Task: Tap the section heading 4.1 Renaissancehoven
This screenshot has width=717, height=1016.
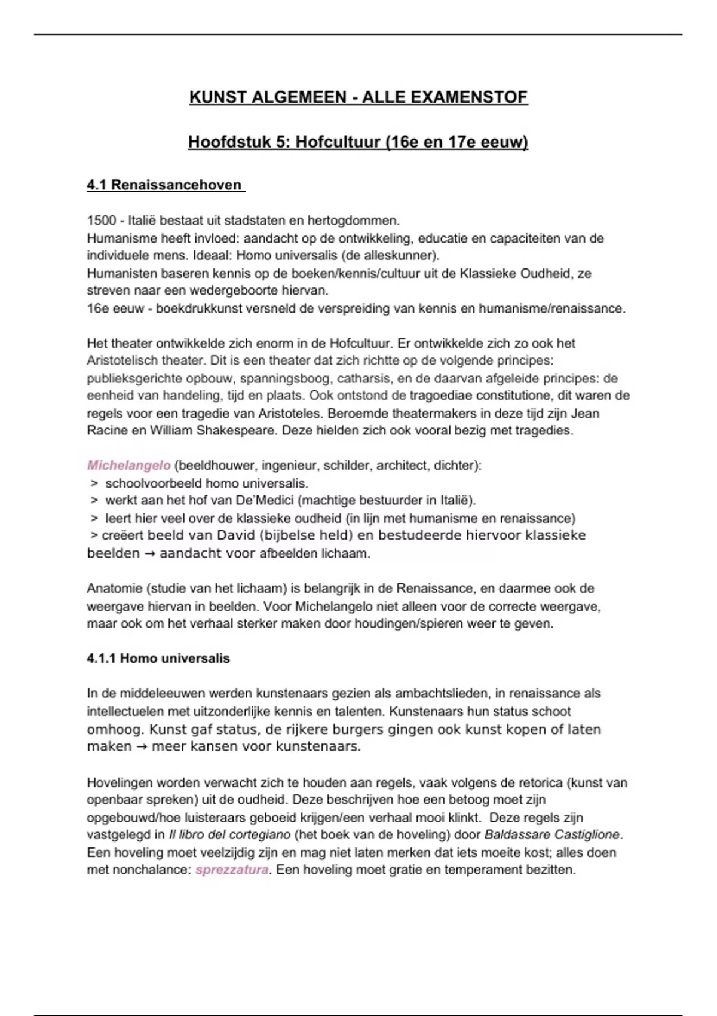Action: click(166, 185)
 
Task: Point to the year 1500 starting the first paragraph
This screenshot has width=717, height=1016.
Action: click(101, 221)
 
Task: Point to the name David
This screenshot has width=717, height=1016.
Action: click(218, 535)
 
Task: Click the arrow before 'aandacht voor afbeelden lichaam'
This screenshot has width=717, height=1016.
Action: click(149, 554)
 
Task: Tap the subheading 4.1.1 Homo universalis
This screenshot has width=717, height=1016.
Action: click(158, 659)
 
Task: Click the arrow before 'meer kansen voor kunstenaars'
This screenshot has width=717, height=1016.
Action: click(142, 747)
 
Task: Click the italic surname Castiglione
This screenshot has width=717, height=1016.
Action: click(587, 834)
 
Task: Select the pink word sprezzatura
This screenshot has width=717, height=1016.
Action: click(232, 870)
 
